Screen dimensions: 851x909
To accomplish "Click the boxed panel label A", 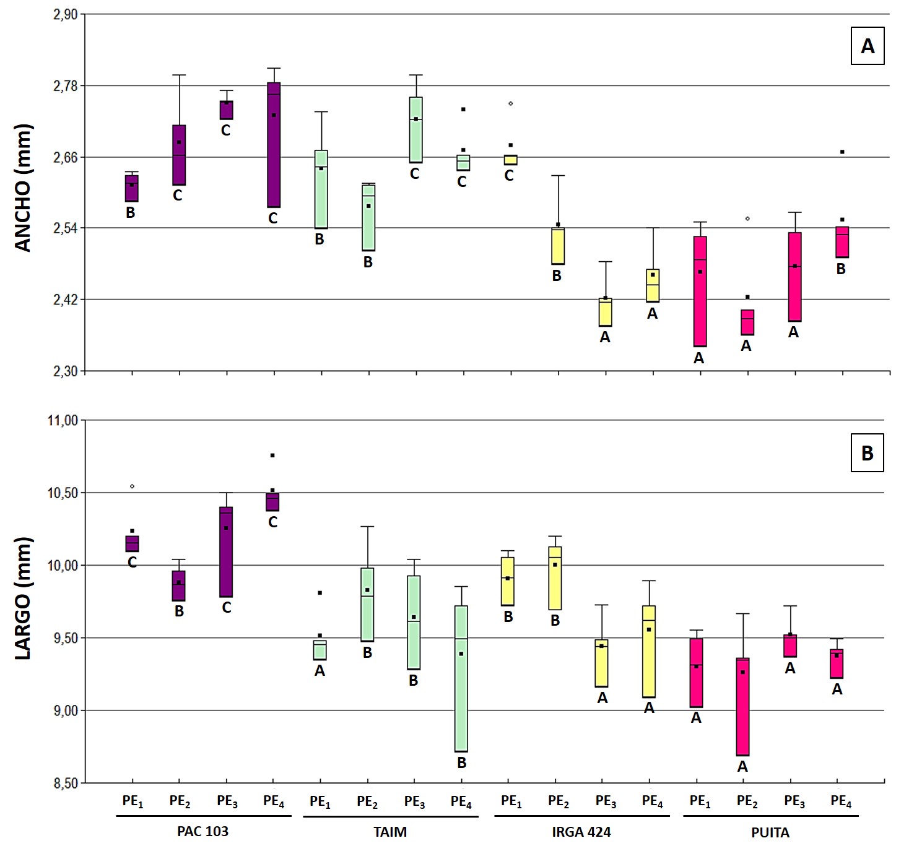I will (x=868, y=46).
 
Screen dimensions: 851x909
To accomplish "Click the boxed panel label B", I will (x=867, y=453).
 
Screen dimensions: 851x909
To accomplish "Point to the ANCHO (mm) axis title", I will (x=23, y=188).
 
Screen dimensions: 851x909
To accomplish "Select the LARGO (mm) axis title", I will (x=23, y=598).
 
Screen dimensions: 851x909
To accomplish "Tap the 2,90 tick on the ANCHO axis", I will (x=66, y=14).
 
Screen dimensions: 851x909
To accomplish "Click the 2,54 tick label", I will (x=66, y=228).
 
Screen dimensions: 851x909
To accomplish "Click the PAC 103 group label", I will (x=203, y=831).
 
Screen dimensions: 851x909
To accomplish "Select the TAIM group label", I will (x=390, y=832).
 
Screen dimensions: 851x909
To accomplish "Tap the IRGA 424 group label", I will (x=581, y=832).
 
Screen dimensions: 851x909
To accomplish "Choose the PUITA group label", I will (x=770, y=832).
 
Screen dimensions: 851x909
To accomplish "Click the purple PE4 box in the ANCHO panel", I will (x=274, y=145).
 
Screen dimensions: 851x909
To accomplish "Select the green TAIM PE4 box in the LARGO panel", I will (x=461, y=679).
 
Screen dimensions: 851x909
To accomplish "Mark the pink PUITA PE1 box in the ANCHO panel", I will (x=700, y=292).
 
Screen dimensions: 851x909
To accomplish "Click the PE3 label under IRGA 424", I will (x=606, y=801).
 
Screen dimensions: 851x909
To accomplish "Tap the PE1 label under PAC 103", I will (x=133, y=801).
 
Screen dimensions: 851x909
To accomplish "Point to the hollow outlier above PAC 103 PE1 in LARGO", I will (x=132, y=486).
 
